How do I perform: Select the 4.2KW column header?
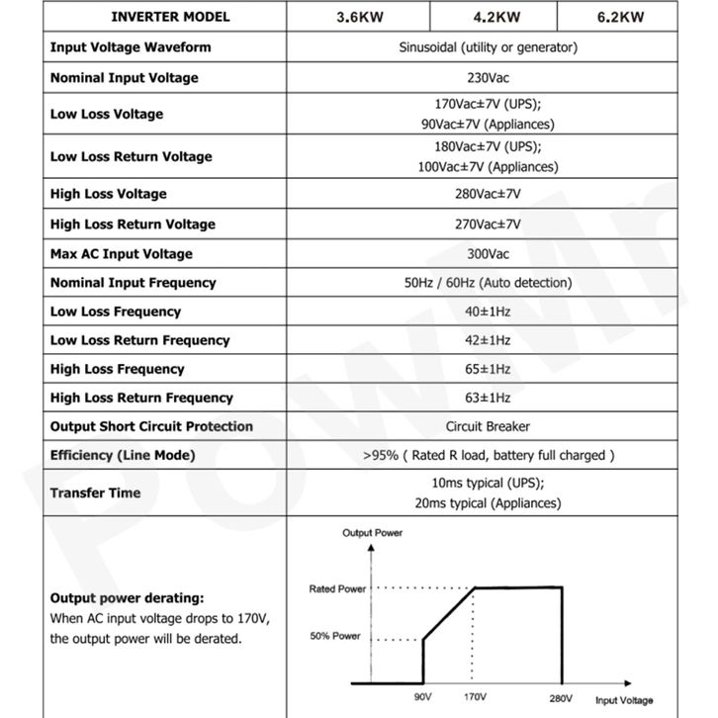coord(494,17)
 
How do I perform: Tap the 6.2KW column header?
coord(621,17)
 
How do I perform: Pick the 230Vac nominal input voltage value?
coord(488,77)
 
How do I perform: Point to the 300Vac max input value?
coord(488,253)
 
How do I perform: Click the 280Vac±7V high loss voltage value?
coord(488,194)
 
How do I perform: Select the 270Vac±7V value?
coord(488,224)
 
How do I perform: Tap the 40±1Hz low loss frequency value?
coord(488,312)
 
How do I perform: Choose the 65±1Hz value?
coord(488,369)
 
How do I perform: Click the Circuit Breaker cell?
coord(488,426)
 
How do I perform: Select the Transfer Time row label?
coord(96,493)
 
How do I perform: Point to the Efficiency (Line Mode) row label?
coord(123,455)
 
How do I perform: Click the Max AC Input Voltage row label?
coord(122,253)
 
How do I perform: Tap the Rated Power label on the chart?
coord(337,588)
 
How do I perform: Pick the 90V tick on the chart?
coord(423,697)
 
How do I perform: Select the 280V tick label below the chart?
coord(562,697)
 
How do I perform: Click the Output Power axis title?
coord(373,533)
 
